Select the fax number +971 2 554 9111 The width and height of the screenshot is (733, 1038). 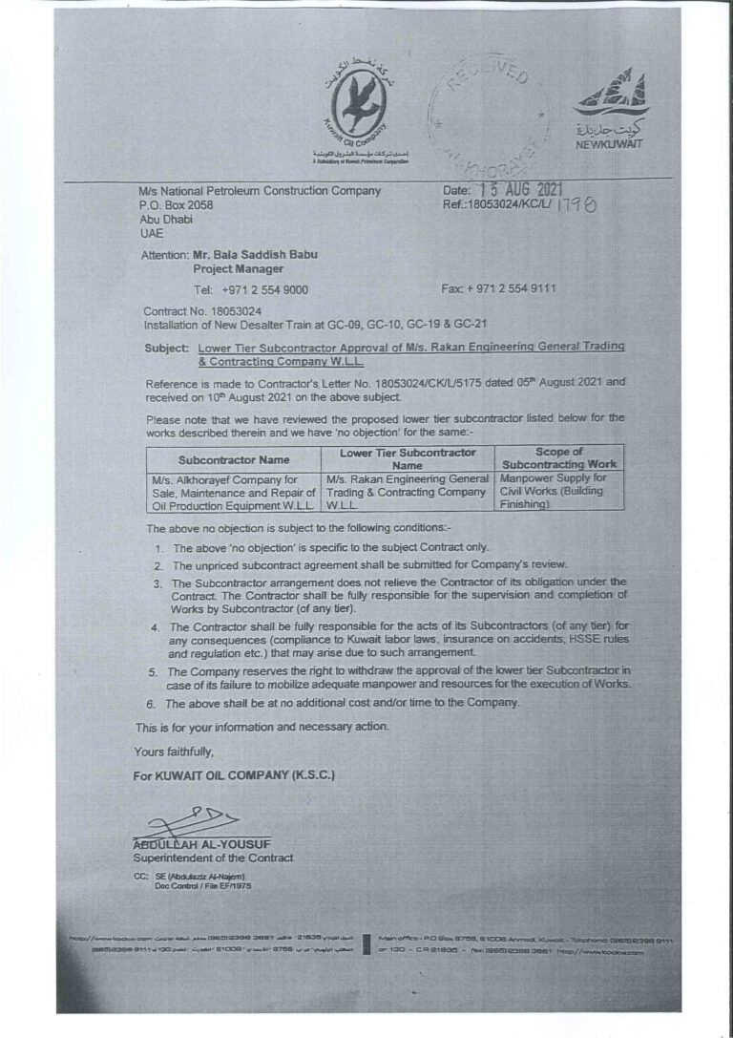pyautogui.click(x=514, y=288)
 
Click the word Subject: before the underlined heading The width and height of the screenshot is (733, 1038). pyautogui.click(x=168, y=347)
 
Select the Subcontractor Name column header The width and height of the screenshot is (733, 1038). pyautogui.click(x=234, y=458)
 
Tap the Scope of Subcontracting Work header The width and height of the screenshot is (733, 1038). pyautogui.click(x=558, y=457)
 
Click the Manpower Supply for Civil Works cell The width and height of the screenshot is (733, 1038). pyautogui.click(x=554, y=490)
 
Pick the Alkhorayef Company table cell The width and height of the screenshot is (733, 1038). pyautogui.click(x=234, y=491)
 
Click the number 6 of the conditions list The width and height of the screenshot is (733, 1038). pyautogui.click(x=152, y=703)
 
